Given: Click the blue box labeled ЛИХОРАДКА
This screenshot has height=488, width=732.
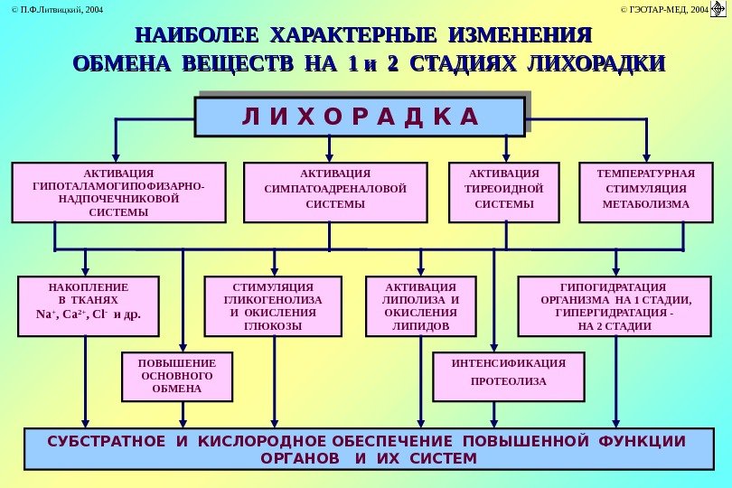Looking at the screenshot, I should coord(360,117).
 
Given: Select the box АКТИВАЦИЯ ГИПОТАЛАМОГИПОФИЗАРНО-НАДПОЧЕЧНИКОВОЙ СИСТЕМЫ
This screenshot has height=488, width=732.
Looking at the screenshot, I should coord(117,192).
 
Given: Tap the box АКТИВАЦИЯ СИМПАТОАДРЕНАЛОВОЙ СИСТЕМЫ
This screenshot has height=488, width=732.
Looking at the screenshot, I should coord(335,192).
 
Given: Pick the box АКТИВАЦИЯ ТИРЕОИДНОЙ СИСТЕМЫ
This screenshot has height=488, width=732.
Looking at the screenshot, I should coord(504,192).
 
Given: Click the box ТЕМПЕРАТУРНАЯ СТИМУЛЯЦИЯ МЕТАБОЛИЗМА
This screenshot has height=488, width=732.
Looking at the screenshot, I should coord(645,192).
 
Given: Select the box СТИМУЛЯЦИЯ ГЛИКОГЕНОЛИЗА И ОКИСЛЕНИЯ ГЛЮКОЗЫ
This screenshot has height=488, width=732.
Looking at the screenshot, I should coord(273,306).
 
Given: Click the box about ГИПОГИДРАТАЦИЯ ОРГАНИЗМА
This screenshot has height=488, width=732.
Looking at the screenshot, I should coord(615,306).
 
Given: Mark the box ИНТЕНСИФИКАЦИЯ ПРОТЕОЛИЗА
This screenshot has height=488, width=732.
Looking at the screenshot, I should coord(508,376).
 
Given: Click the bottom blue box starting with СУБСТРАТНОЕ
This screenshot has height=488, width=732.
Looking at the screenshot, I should coord(366,450).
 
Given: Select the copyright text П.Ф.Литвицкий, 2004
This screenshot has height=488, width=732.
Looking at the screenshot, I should coord(52,9).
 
